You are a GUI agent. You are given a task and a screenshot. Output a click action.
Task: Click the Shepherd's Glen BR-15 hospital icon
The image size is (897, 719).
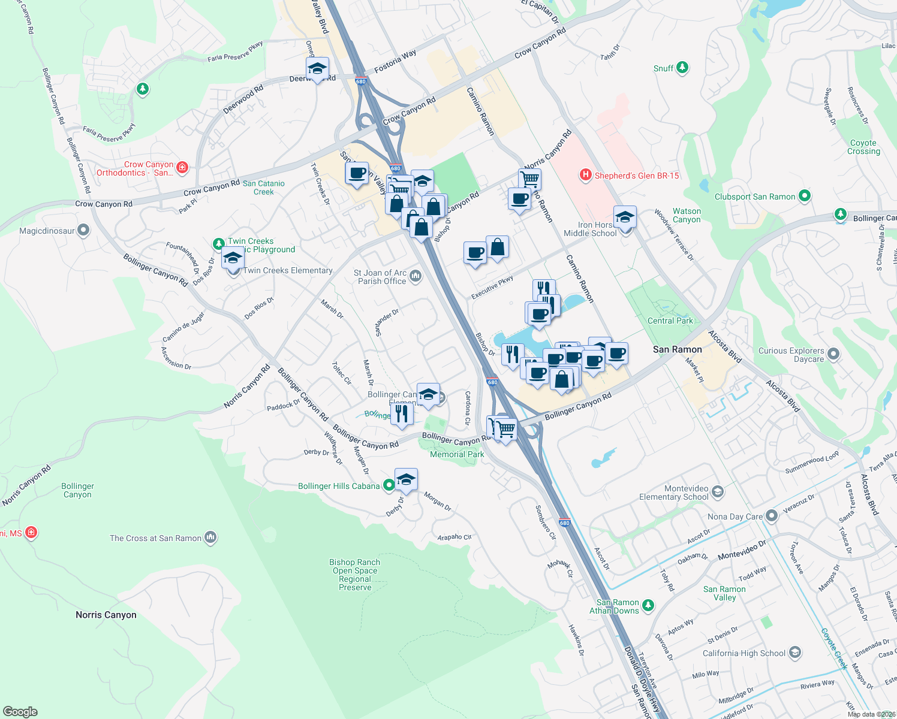pos(585,175)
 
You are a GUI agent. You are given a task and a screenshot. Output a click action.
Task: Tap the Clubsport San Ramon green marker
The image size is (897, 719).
pos(805,196)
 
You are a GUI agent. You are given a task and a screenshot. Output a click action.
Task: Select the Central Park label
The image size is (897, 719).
pos(670,321)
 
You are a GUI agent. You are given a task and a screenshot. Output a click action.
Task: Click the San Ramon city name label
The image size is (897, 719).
pos(677,349)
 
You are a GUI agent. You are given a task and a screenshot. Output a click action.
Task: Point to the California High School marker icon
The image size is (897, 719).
pos(795,652)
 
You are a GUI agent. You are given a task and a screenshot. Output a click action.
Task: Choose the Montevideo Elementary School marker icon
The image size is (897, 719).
pos(718,492)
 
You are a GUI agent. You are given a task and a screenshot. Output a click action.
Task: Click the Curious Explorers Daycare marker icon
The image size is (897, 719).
pos(833,354)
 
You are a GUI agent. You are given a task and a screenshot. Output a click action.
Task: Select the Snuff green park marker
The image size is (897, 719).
pos(682,68)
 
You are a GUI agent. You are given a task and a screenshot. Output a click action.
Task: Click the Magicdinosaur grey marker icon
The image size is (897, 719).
pos(83,230)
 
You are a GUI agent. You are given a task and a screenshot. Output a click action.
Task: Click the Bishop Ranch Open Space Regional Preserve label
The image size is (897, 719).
pos(355,575)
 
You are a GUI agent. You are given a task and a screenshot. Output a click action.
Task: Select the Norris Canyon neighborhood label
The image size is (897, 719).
pos(106,615)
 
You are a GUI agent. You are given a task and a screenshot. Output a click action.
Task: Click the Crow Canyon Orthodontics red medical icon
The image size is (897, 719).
pos(182,168)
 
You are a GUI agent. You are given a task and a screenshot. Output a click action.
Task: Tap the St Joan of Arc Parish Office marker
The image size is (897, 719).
pos(416,276)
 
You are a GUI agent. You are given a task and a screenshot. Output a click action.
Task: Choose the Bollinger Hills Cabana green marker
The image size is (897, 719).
pos(389,485)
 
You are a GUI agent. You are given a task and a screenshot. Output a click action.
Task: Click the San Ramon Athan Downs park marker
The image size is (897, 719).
pos(648,606)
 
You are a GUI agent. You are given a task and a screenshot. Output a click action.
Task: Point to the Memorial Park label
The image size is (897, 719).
pos(457,454)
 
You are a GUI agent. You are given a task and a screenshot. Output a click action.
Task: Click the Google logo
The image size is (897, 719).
pos(20,711)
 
